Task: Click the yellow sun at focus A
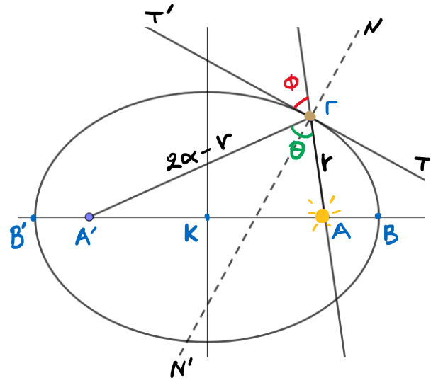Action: click(323, 216)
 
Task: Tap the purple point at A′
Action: click(89, 217)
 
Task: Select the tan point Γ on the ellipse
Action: click(310, 115)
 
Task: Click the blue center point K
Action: click(207, 217)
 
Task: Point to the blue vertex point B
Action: click(378, 216)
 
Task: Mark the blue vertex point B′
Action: click(34, 217)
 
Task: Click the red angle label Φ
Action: click(291, 84)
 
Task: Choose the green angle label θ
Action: click(298, 150)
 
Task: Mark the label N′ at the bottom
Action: click(181, 369)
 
